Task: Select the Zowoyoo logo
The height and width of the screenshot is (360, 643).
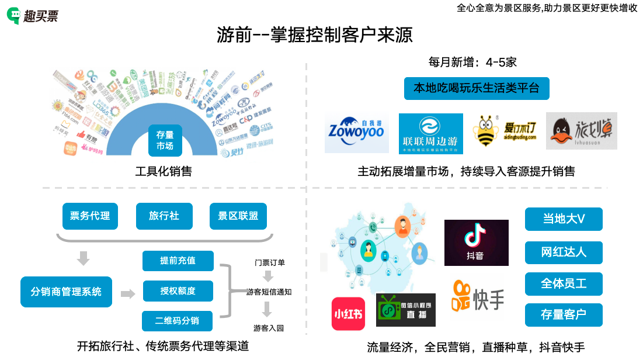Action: point(357,133)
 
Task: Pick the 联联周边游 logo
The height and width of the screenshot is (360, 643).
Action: point(430,133)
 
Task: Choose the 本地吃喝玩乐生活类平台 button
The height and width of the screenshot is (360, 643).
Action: point(477,88)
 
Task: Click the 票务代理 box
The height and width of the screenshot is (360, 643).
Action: point(90,216)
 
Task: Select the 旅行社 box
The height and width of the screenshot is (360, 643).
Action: point(164,216)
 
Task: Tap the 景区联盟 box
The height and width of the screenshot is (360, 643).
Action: point(238,216)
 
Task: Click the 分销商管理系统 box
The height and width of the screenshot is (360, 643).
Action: point(66,292)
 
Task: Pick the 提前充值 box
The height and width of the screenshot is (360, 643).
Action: point(178,261)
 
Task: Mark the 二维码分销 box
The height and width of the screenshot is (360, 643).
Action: point(177,321)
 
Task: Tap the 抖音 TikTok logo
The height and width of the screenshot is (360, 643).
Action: point(476,243)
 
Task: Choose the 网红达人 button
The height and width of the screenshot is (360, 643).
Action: point(564,252)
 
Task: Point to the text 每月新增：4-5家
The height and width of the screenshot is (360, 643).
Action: point(472,62)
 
